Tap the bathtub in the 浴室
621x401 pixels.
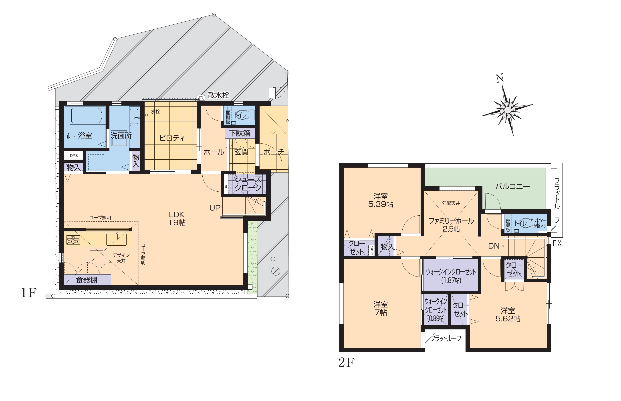pos(87,116)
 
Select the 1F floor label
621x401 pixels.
pos(29,293)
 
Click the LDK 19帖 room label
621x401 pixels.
pos(177,219)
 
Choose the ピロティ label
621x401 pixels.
pos(172,138)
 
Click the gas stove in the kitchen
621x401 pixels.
pos(73,240)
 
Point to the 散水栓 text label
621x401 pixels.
pos(219,95)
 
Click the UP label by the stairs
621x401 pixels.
pos(215,208)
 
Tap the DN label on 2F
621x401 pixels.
pos(494,246)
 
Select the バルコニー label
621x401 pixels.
pos(513,186)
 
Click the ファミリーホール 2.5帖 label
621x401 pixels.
pos(451,225)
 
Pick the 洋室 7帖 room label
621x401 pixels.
pos(381,309)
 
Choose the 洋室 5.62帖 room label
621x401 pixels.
pos(508,315)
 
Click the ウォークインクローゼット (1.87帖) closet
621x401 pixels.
pos(451,275)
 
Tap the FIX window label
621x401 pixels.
pos(557,243)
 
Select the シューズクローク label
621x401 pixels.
pos(248,183)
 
